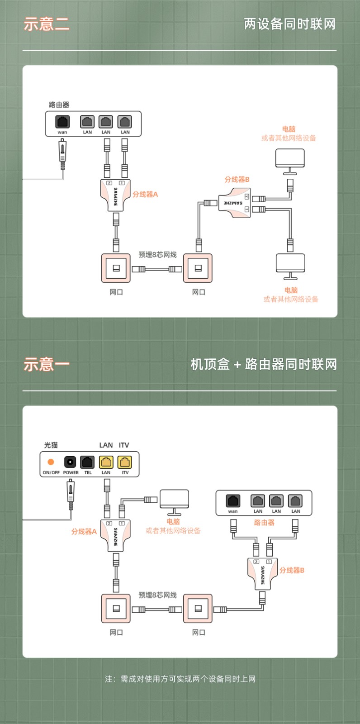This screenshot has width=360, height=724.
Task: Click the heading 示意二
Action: coord(47,24)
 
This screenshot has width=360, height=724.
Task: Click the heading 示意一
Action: coord(47,364)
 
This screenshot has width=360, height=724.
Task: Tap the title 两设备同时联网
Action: coord(289,24)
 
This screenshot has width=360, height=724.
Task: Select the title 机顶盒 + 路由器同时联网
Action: coord(264,364)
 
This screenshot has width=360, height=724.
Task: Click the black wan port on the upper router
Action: coord(62,122)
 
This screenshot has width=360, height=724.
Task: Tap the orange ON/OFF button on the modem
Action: coord(51,462)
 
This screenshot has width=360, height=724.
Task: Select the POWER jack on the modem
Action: coord(70,462)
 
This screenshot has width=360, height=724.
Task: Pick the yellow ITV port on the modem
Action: coord(125,462)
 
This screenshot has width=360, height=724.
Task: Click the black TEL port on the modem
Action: coord(87,462)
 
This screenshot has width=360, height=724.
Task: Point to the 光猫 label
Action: coord(51,445)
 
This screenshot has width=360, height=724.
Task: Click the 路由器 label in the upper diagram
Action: coord(59,105)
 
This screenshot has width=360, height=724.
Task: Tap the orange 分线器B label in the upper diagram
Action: coord(237,179)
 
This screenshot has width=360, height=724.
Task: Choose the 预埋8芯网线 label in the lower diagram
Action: coord(157,595)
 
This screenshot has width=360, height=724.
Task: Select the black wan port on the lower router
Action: coord(233,501)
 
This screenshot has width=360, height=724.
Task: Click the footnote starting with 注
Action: coord(180,679)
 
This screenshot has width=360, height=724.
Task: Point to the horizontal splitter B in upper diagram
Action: coord(235,203)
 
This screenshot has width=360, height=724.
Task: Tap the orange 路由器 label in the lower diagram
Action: coord(264,523)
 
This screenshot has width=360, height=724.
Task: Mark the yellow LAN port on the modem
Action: coord(106,462)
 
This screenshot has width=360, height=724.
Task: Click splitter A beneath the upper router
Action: coord(115,195)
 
